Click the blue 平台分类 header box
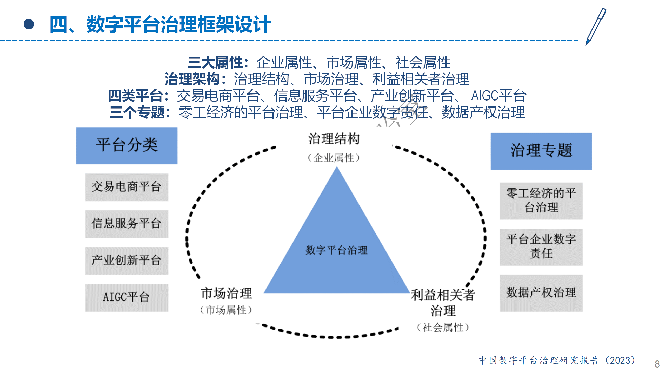[x=127, y=146]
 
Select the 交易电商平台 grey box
[x=127, y=187]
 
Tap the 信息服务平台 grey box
[x=127, y=224]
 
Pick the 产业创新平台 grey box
[x=127, y=261]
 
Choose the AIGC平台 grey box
[x=127, y=298]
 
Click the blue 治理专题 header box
[x=541, y=151]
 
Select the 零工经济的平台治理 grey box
[x=541, y=201]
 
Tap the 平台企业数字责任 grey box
[x=541, y=247]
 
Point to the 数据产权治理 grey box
[x=541, y=293]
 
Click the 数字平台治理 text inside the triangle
[x=336, y=250]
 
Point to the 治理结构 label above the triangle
[x=334, y=138]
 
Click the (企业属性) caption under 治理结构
[x=334, y=158]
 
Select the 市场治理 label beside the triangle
[x=226, y=293]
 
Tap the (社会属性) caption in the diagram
[x=443, y=327]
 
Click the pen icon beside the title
[x=596, y=26]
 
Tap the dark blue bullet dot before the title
[x=29, y=24]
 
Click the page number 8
[x=657, y=364]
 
